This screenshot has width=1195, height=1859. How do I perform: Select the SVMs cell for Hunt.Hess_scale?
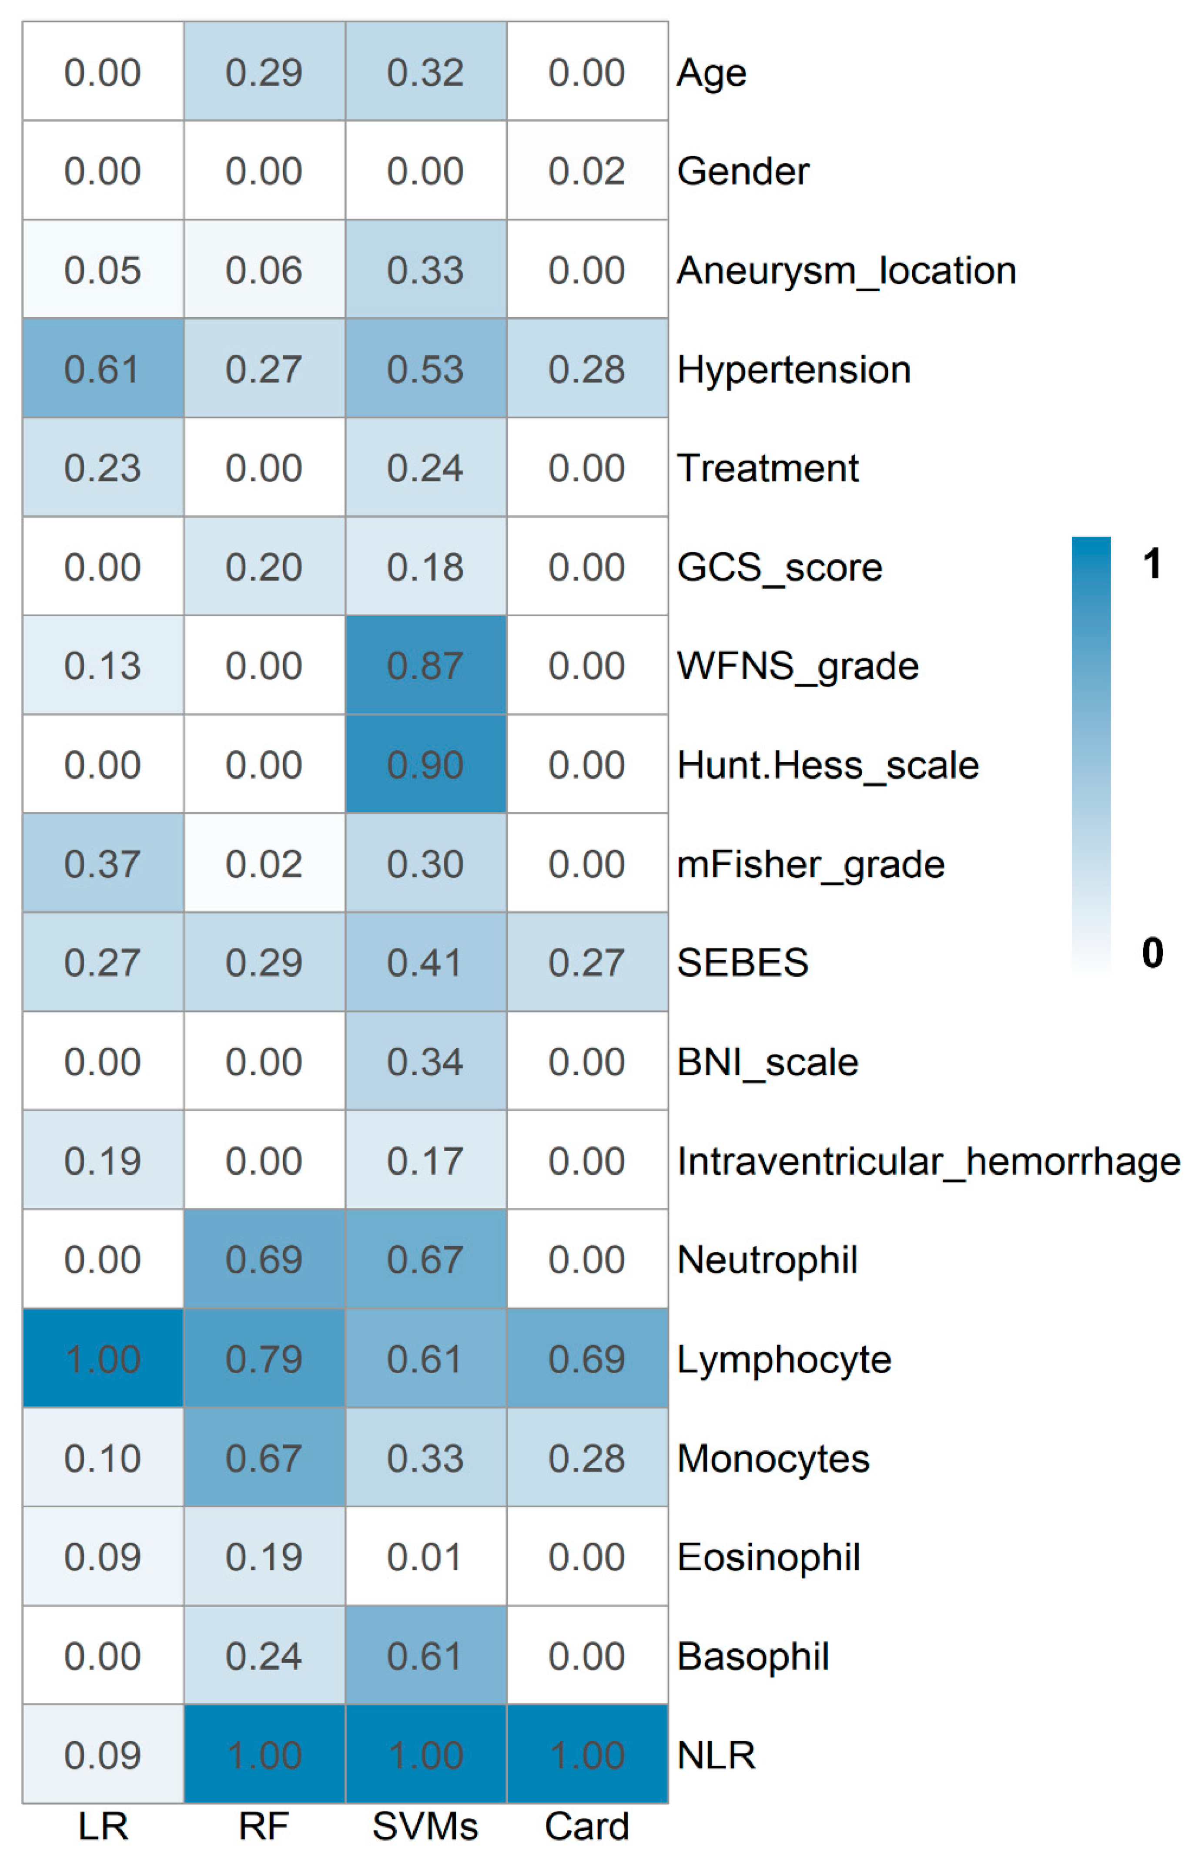click(426, 765)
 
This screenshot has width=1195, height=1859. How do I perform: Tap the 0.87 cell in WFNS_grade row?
click(426, 665)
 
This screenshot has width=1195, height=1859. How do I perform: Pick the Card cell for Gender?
click(587, 171)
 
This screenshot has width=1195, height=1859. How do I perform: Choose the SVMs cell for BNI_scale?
click(426, 1061)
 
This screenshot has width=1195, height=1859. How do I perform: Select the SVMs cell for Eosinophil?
click(426, 1556)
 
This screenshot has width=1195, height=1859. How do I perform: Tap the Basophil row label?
click(753, 1656)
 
